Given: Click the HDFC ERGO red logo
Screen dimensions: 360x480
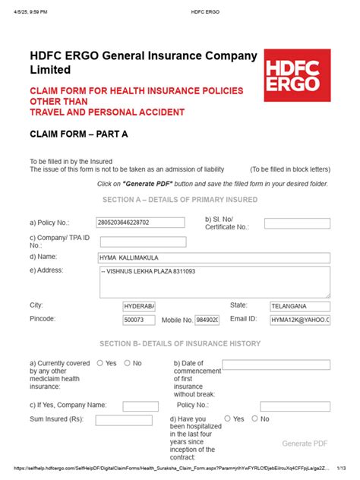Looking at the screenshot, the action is coord(298,76).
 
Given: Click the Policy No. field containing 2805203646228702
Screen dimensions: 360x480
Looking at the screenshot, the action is coord(141,223).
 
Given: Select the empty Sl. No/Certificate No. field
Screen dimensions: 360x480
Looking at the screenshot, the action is coord(297,223).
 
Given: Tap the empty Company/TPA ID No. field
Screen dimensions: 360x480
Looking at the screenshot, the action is coord(143,242).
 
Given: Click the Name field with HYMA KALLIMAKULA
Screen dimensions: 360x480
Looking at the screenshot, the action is coord(215,257).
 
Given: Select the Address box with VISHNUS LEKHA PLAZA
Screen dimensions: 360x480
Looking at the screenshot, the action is coord(215,281).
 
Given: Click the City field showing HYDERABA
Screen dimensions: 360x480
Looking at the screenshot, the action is coord(139,305).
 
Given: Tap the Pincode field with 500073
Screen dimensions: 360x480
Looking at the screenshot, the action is coord(139,321).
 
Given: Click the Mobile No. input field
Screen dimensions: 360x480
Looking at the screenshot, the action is coord(207,321).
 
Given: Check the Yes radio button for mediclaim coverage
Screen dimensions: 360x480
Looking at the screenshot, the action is coord(100,363).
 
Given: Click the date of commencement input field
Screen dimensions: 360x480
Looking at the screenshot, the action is coord(276,365).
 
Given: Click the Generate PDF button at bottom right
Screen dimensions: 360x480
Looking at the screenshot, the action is coord(305,443).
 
